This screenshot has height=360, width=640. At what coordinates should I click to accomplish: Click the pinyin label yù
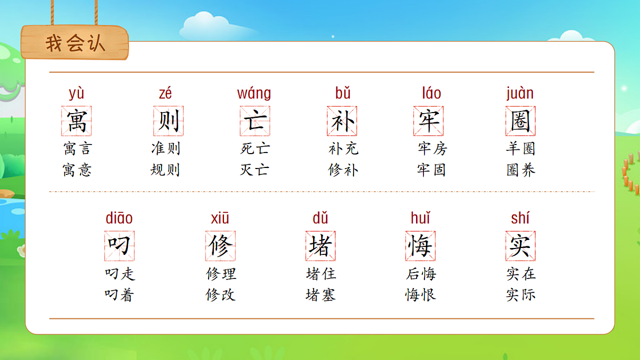pos(77,94)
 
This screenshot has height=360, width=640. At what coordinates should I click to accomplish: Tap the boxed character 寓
pos(77,121)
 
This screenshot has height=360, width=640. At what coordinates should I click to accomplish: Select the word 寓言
pos(77,148)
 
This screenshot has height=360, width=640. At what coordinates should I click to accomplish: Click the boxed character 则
pos(169,121)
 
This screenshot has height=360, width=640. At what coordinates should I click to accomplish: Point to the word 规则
pos(165,170)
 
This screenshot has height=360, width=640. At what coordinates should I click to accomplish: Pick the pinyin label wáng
pos(254,94)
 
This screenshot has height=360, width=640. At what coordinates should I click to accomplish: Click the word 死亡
pos(255,148)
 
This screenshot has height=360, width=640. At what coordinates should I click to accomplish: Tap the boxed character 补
pos(342,121)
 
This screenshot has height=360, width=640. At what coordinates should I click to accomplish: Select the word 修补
pos(343,170)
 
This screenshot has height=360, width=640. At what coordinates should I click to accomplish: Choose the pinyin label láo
pos(431,94)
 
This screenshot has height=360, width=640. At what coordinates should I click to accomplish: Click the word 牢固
pos(431,170)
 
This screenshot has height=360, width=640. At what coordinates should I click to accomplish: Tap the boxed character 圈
pos(521,121)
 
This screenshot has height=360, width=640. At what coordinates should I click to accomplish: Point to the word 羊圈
pos(521,148)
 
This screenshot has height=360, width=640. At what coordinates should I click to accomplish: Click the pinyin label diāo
pos(119,219)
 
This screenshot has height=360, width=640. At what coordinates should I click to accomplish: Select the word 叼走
pos(120,274)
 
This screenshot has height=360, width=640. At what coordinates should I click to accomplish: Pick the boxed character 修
pos(220,246)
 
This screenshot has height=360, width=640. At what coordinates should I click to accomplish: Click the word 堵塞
pos(321,295)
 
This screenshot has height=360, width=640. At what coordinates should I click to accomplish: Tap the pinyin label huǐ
pos(420,219)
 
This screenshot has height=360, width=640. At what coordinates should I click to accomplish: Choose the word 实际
pos(521,295)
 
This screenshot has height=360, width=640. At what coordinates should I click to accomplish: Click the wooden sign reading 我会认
pos(75,43)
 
